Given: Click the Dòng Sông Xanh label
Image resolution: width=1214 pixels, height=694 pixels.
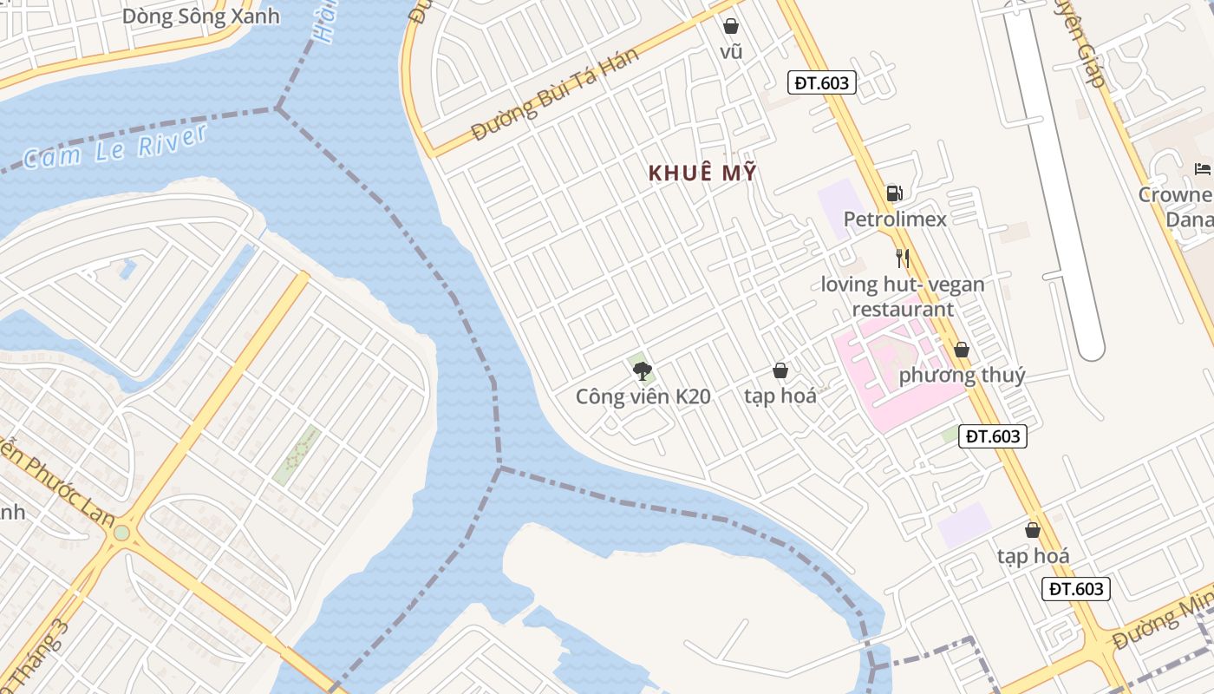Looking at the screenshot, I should (x=201, y=16).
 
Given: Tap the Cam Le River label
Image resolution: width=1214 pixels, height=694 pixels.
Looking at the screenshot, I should (x=115, y=147).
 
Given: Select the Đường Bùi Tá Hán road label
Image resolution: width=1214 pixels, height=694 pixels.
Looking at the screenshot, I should (x=556, y=95).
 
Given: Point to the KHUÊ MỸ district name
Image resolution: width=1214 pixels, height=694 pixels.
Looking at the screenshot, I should (x=702, y=173).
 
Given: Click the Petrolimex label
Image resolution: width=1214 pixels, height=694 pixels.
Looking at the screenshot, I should (x=895, y=219).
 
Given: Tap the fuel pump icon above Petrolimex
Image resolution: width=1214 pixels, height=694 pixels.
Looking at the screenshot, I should (x=894, y=193).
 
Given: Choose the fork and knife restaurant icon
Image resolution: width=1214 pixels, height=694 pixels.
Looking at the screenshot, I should (x=903, y=258).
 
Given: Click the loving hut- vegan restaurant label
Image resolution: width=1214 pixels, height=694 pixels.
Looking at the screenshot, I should (x=903, y=297).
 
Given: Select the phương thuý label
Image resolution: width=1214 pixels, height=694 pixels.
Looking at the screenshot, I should (x=962, y=376).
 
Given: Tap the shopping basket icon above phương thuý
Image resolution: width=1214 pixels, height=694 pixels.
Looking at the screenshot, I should (x=961, y=350).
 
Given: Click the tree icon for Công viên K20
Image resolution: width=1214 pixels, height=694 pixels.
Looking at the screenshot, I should (x=642, y=371).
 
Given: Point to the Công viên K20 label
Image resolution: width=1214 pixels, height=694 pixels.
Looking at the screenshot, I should (x=643, y=397).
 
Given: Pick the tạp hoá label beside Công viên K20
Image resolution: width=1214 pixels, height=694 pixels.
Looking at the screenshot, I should (x=780, y=396).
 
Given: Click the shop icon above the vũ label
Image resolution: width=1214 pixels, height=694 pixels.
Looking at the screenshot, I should (x=731, y=26).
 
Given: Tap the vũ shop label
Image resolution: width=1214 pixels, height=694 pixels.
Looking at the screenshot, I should (x=731, y=52).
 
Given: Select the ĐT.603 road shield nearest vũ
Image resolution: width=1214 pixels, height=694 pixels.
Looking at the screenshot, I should (x=822, y=82).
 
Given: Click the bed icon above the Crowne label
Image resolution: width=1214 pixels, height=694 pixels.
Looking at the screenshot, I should (x=1202, y=168).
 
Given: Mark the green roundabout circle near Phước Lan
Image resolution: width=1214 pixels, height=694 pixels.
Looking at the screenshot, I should (x=122, y=532).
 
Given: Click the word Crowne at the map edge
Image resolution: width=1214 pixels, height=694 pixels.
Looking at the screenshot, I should (x=1175, y=194).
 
